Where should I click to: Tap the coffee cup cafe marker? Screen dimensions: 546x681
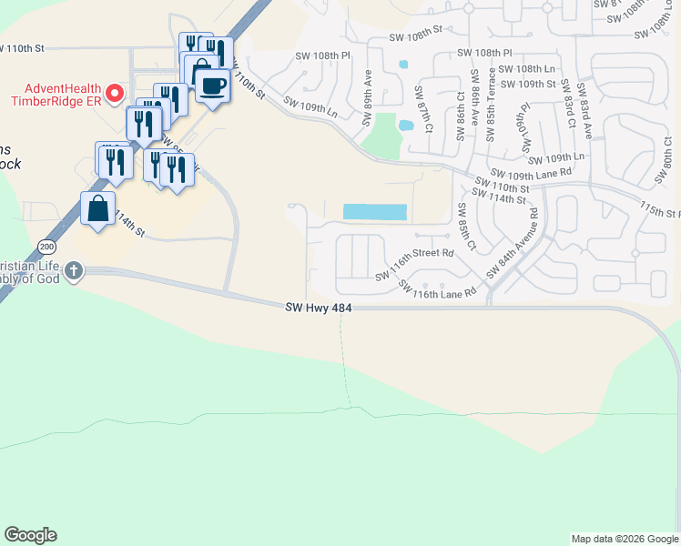click(213, 86)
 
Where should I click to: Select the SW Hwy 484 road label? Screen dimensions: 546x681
click(318, 309)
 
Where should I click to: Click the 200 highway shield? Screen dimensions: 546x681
click(46, 247)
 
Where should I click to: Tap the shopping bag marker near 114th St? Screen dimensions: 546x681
click(97, 209)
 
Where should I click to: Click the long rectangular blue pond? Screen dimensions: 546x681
click(374, 212)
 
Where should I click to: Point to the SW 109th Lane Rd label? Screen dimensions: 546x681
click(531, 172)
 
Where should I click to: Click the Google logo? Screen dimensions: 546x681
click(30, 536)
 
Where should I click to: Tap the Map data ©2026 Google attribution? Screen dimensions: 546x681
click(625, 539)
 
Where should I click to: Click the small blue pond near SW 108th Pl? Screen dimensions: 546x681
click(402, 65)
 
